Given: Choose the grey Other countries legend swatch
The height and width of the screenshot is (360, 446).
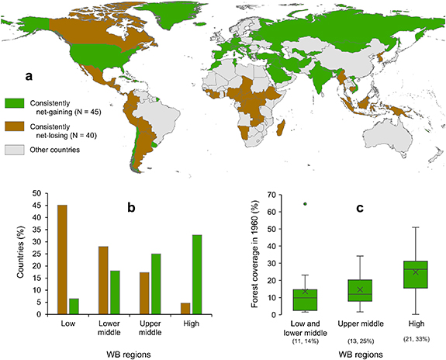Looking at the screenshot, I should (x=15, y=148).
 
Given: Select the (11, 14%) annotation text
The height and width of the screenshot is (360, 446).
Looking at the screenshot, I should (x=305, y=341).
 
